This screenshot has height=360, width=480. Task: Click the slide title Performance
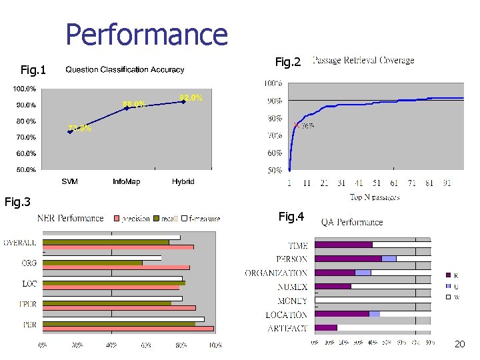pos(147,35)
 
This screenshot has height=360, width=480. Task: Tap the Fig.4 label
pos(291,217)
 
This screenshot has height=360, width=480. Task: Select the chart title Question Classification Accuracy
pos(125,69)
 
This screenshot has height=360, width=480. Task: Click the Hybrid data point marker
pos(183,102)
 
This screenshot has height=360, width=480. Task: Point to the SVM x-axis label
pos(69,181)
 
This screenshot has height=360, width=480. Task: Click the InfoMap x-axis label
pos(126,181)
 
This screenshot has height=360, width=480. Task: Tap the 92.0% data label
pos(191,97)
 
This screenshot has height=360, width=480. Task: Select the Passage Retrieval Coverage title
pos(363,61)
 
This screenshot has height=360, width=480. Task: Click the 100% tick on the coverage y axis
pos(273,83)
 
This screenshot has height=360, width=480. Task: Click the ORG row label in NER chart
pos(29,263)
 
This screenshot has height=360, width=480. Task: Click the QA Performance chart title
pos(352,222)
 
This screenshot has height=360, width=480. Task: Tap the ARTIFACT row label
pos(287,328)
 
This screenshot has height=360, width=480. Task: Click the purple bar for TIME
pos(343,245)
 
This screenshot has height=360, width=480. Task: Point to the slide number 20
pos(459,344)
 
